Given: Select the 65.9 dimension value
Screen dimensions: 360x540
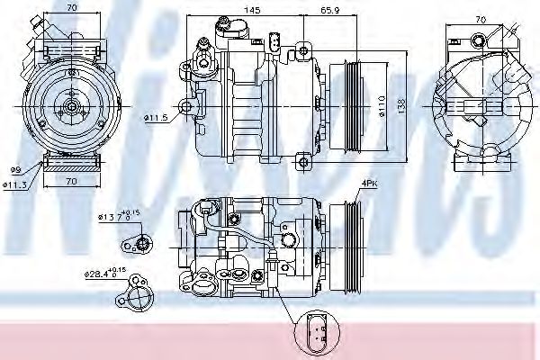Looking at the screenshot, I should pos(329,11).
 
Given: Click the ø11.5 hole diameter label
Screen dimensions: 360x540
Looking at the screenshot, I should pos(155,118).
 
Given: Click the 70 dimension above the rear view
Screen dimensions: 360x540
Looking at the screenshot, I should pos(480,18).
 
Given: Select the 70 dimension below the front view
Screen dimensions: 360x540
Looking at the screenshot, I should pos(71,182).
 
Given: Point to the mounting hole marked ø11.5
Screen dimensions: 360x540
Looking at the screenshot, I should pos(186,107).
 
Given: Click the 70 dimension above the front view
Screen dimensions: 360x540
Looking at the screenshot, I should pos(71,8).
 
